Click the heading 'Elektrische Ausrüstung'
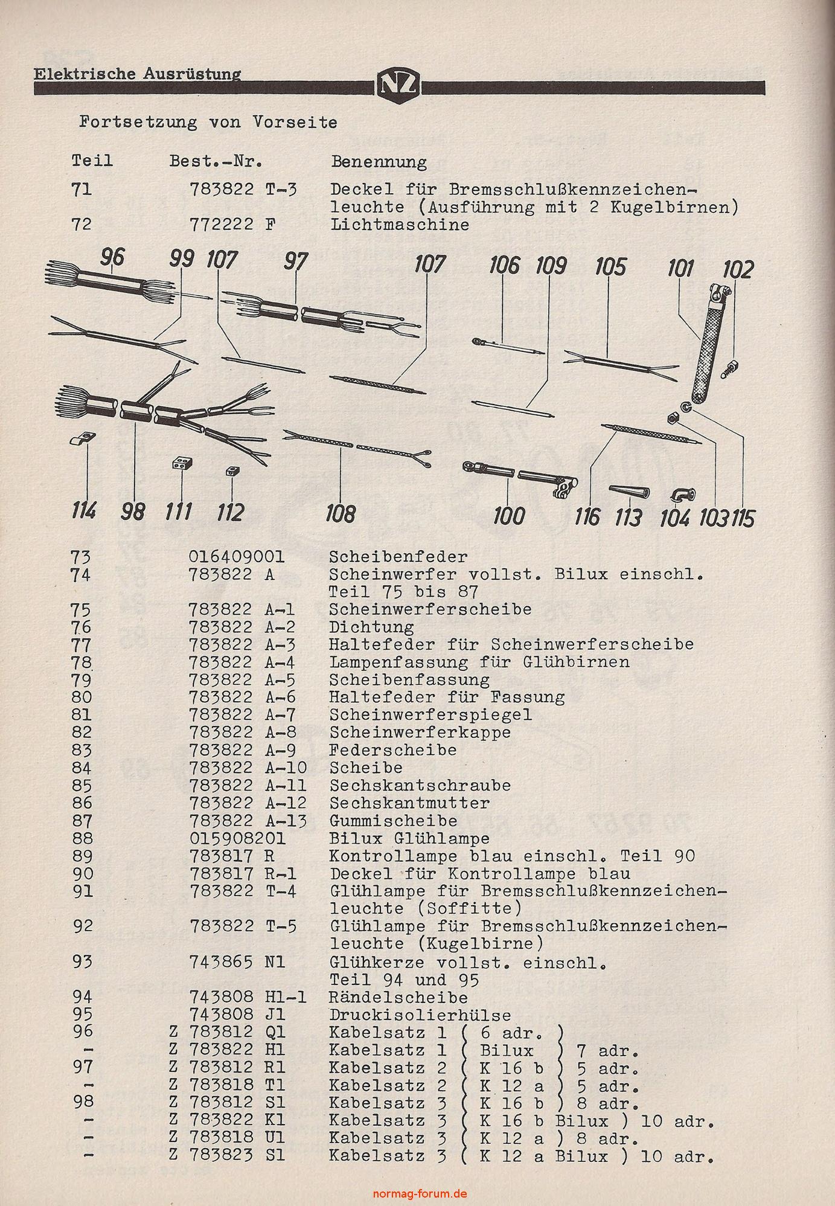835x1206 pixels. [x=137, y=74]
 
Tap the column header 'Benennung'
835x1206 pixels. [x=379, y=161]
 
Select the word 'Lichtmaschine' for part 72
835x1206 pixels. [x=399, y=225]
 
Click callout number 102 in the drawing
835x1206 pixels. [x=738, y=269]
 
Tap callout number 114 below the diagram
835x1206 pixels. [x=83, y=511]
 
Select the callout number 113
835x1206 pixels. [x=628, y=517]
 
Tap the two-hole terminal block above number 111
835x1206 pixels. [x=182, y=463]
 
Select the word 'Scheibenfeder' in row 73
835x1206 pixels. [x=398, y=556]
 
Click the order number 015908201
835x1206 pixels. [x=237, y=839]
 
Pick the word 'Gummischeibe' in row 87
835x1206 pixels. [x=393, y=821]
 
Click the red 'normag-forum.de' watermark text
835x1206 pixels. [x=421, y=1194]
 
